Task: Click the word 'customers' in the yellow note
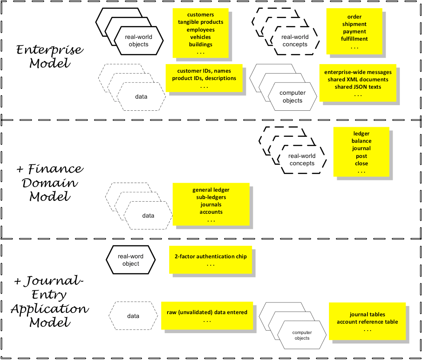coord(200,15)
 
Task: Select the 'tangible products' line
coord(200,22)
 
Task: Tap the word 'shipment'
coord(354,24)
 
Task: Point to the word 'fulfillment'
coord(354,39)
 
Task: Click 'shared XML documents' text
coord(358,80)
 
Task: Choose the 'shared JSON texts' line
coord(358,87)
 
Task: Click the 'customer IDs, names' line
coord(204,71)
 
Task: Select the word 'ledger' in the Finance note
coord(361,133)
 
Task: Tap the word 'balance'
coord(361,141)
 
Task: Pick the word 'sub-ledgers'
coord(211,197)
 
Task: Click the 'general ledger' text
coord(211,190)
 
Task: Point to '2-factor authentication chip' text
coord(210,257)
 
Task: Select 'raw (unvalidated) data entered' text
coord(207,312)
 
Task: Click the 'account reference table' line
coord(367,322)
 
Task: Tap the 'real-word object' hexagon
coord(131,260)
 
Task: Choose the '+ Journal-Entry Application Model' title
coord(49,302)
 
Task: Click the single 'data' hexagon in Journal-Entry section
coord(133,316)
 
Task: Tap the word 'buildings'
coord(200,44)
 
